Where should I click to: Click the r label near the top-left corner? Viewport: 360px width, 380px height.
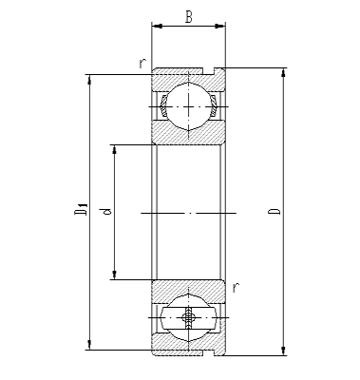pos(142,65)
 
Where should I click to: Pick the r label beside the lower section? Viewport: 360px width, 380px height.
pos(235,286)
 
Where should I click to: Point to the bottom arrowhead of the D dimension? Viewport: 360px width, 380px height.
pos(283,351)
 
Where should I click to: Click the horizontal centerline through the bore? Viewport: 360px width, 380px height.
pos(189,212)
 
